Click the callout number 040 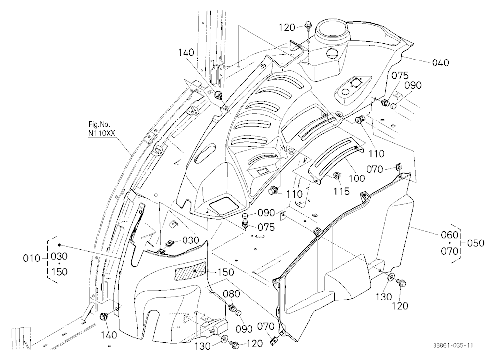click(440, 62)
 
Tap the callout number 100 click(357, 179)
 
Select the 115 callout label click(341, 191)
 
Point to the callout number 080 click(232, 294)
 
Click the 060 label click(449, 235)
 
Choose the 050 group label click(476, 243)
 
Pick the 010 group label click(32, 259)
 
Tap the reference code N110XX click(102, 133)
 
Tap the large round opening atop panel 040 click(332, 30)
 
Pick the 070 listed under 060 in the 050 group click(449, 251)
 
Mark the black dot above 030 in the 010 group click(59, 245)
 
